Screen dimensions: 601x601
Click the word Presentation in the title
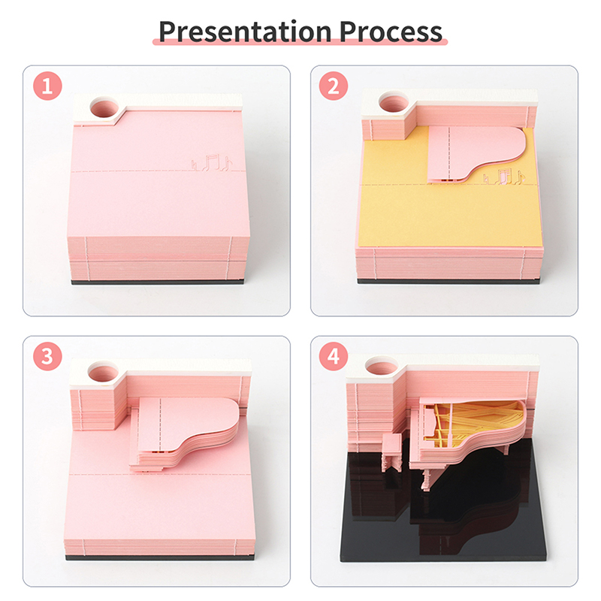[x=245, y=32]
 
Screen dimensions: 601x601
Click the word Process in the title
[x=391, y=32]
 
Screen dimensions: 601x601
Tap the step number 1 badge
[x=47, y=86]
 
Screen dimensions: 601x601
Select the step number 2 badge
[x=334, y=86]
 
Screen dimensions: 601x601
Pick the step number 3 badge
[x=47, y=356]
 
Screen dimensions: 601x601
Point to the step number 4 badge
[x=334, y=356]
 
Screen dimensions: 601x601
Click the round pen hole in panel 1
[x=104, y=107]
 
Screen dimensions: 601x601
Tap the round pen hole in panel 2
[x=393, y=101]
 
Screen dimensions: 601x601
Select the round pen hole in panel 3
[x=103, y=371]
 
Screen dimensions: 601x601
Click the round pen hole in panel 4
[x=382, y=365]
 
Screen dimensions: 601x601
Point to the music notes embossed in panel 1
[x=212, y=162]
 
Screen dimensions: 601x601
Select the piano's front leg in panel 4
[x=426, y=479]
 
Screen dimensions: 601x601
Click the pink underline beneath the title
[x=300, y=42]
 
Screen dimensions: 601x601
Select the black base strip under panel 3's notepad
[x=159, y=557]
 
